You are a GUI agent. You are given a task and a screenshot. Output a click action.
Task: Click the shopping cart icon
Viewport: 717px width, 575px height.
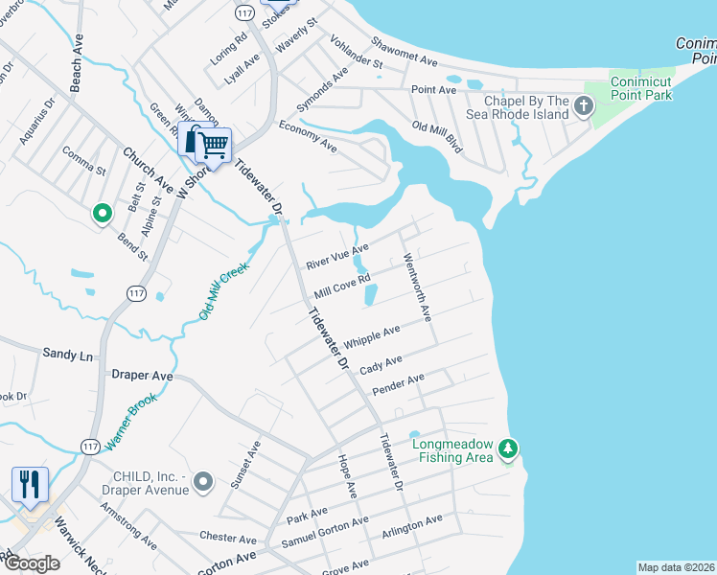click(214, 146)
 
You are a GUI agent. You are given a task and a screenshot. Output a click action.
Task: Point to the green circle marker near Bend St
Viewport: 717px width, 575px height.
click(101, 214)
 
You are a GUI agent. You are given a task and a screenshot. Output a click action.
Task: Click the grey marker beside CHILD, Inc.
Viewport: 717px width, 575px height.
click(202, 481)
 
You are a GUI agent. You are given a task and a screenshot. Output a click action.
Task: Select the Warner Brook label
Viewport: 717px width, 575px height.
click(130, 422)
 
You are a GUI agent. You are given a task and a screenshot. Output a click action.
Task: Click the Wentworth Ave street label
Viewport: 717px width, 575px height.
click(417, 287)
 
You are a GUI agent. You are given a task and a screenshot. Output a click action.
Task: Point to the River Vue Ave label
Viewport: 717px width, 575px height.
click(336, 256)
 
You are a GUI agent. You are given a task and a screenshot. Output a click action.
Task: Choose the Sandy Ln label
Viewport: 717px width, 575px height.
click(67, 355)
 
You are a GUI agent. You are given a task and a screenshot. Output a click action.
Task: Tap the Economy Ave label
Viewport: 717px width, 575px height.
click(308, 138)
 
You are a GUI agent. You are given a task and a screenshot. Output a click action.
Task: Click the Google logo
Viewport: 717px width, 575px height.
click(31, 563)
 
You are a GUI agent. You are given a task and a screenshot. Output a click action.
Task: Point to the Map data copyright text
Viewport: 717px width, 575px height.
click(676, 567)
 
